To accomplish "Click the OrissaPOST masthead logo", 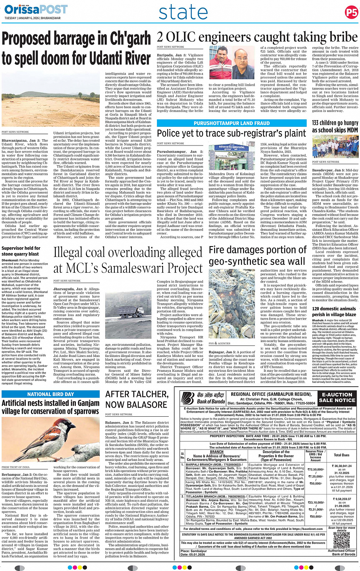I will tap(36, 9).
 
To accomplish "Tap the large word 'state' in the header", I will tap(183, 12).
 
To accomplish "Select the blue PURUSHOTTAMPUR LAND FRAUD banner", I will tap(232, 123).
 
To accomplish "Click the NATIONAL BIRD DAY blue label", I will tap(51, 394).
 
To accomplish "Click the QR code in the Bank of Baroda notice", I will tap(341, 540).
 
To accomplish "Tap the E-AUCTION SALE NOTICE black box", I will tap(337, 398).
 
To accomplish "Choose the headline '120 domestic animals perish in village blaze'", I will tap(334, 312).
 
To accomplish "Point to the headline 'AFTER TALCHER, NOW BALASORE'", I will tap(136, 399).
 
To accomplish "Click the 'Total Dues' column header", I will tap(341, 455).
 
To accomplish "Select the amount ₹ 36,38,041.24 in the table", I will tap(342, 466).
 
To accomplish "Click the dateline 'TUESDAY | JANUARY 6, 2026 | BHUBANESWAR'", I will tap(32, 18).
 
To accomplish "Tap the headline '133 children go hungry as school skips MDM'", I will tap(335, 126).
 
